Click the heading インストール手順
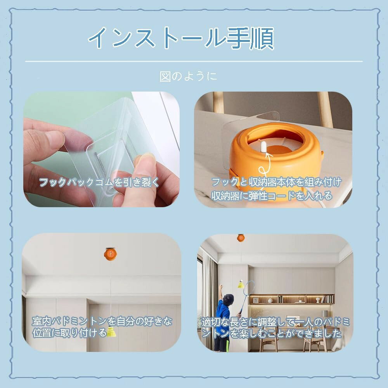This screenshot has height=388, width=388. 181,38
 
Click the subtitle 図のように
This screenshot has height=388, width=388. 188,76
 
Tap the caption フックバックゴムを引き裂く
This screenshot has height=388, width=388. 99,182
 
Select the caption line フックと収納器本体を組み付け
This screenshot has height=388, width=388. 276,182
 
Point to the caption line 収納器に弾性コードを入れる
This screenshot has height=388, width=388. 272,196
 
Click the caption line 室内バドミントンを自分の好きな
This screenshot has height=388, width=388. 102,321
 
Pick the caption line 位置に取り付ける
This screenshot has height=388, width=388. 69,333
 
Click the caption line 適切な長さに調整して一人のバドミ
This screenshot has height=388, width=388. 275,322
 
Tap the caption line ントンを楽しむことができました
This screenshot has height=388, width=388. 272,334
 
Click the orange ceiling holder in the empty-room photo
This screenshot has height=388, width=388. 110,254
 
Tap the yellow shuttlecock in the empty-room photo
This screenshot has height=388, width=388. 111,332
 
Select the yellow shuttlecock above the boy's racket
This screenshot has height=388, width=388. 241,284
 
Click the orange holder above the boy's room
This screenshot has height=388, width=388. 241,238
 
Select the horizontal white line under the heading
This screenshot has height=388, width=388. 194,61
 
